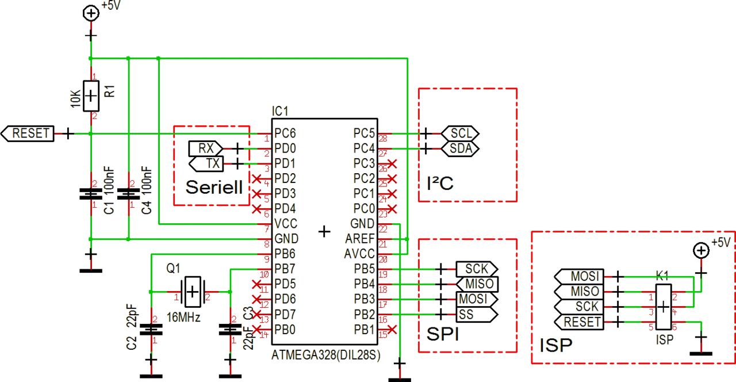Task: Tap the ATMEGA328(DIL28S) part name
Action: click(325, 356)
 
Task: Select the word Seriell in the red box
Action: click(214, 188)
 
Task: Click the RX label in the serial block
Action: click(206, 148)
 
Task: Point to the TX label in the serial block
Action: click(213, 164)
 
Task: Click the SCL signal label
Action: click(462, 133)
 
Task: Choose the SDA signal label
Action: click(462, 148)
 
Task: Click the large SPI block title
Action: click(443, 336)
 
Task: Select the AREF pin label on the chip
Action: click(361, 238)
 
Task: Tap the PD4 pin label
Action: click(285, 207)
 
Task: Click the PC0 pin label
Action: click(365, 208)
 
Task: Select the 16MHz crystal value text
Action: click(183, 317)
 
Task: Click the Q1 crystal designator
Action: click(173, 268)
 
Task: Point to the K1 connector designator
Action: click(662, 276)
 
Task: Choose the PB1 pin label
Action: click(365, 330)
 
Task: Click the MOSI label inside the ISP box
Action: click(585, 276)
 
